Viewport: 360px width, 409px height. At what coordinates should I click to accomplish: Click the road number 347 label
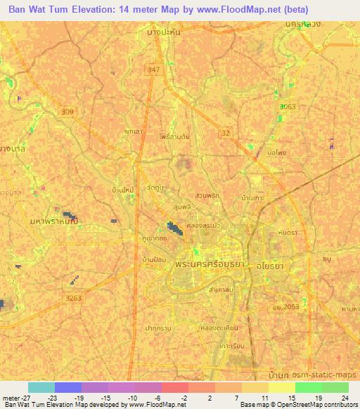[x=154, y=70]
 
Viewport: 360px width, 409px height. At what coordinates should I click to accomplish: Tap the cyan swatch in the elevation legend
[x=41, y=387]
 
